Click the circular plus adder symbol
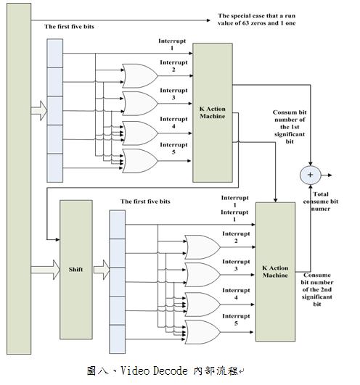(311, 175)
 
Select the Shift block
(76, 270)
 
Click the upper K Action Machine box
(213, 112)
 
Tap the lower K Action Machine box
(276, 272)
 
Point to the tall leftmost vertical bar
(19, 178)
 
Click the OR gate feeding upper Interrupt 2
(140, 76)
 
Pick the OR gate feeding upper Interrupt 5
(140, 161)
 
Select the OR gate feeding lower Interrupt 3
(202, 275)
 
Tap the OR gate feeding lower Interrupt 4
(202, 305)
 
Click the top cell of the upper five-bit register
(55, 53)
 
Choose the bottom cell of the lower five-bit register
(117, 339)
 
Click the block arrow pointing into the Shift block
(46, 270)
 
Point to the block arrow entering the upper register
(39, 111)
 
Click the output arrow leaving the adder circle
(327, 175)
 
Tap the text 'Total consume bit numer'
(321, 202)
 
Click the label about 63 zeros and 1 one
(256, 20)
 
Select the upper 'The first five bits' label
(69, 27)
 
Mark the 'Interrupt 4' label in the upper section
(173, 123)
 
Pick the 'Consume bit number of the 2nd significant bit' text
(317, 289)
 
